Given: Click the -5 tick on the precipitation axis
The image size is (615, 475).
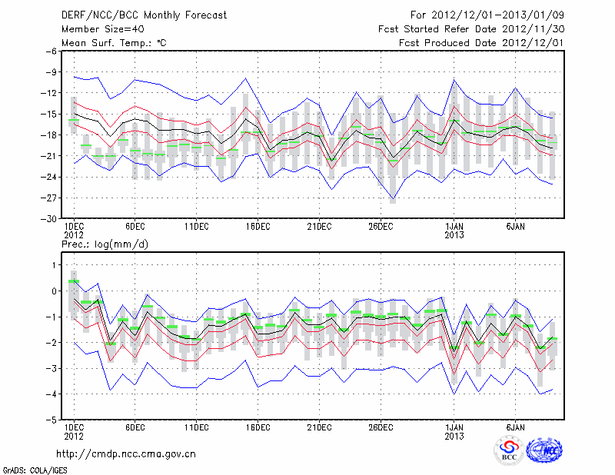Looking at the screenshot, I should click(x=53, y=420).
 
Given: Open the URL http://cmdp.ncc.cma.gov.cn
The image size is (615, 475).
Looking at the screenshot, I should click(x=127, y=453).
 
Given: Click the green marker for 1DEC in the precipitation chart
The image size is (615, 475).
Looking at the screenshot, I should click(x=74, y=281).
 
